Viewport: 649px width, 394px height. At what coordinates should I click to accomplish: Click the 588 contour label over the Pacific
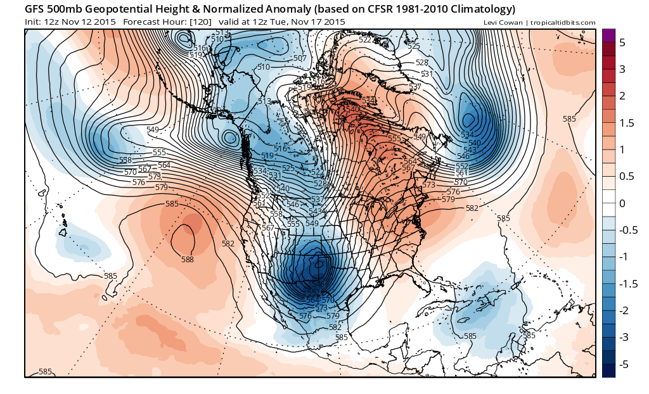188,259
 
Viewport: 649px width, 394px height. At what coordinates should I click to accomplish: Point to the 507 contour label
300,58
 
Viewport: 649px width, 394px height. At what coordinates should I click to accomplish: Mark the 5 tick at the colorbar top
622,42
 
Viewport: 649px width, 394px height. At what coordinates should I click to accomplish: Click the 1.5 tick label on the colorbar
626,123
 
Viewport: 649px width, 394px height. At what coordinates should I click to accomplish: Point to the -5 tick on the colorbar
624,364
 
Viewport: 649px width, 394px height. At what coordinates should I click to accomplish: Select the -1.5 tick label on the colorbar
628,284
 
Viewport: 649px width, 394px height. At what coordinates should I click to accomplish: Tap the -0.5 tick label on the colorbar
628,230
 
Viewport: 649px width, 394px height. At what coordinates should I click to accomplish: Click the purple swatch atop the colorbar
608,35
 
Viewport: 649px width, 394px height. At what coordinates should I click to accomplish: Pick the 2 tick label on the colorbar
622,96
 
